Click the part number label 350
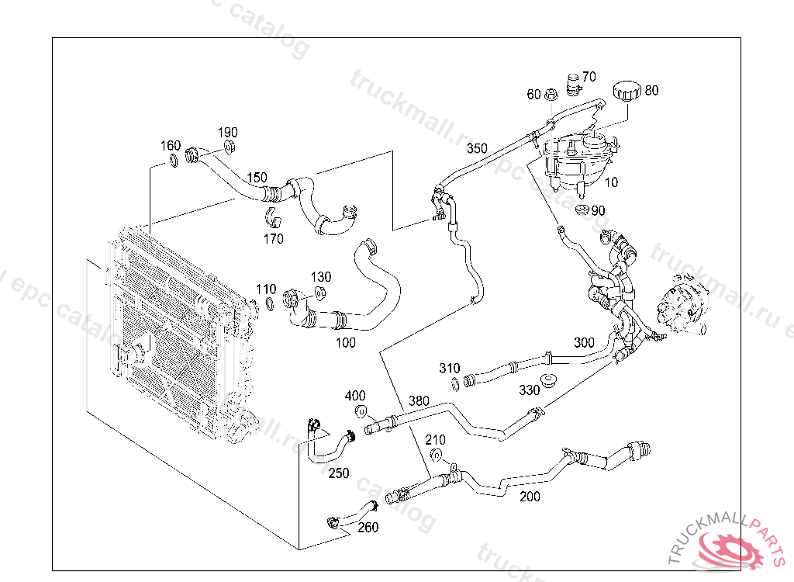point(477,148)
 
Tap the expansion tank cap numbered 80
point(625,91)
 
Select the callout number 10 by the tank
point(612,183)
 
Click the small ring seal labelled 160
point(171,161)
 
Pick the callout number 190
point(227,133)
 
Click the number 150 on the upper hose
point(257,178)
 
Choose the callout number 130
point(321,277)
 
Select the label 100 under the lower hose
point(345,342)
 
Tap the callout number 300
point(584,342)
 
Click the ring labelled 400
point(361,411)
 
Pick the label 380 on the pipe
point(419,400)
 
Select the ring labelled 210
point(437,456)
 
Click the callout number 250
point(338,473)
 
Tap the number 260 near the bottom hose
point(368,528)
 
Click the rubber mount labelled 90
point(582,211)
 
